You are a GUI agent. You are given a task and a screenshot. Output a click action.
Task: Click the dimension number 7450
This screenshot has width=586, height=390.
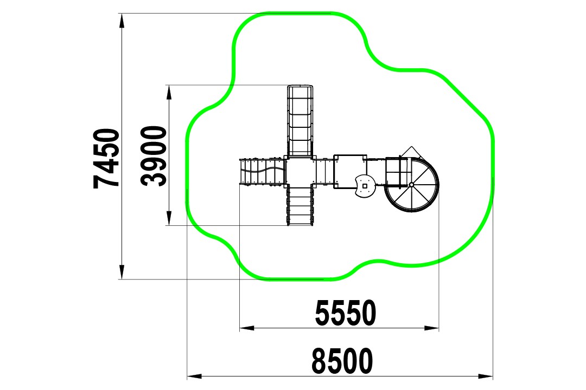click(x=106, y=158)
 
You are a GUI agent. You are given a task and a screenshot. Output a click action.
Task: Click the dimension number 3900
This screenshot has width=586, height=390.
click(x=154, y=156)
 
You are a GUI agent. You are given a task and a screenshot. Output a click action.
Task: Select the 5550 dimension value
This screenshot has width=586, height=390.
click(x=346, y=313)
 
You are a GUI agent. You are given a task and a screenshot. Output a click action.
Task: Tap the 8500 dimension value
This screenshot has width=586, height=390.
click(x=342, y=361)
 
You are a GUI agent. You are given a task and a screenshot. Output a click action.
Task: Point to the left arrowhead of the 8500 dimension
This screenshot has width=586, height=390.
click(x=194, y=376)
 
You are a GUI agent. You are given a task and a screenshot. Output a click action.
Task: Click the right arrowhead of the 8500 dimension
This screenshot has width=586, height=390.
click(x=486, y=376)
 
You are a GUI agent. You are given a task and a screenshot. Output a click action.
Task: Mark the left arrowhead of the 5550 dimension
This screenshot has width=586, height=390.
click(x=247, y=328)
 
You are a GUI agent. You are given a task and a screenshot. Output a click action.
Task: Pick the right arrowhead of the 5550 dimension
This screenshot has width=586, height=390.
click(x=432, y=328)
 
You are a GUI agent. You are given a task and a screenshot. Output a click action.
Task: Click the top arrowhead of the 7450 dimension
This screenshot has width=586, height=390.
click(x=122, y=21)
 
